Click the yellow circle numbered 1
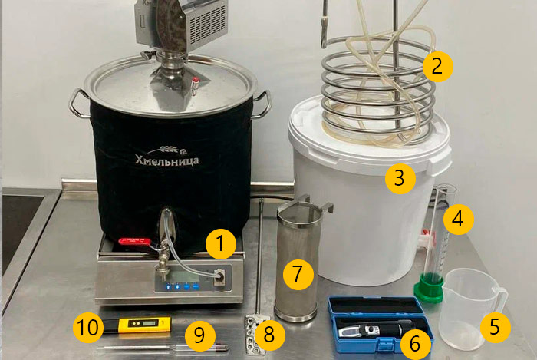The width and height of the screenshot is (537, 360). coord(221,244)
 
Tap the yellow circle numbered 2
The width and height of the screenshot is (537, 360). coord(438,67)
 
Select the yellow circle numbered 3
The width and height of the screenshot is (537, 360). coord(400,178)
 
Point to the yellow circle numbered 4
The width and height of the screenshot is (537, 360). coord(458,220)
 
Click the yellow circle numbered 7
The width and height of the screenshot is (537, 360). coord(298,274)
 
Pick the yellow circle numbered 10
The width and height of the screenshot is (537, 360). coord(88,328)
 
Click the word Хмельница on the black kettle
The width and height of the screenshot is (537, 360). coord(166,160)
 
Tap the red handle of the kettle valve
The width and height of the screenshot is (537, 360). coord(134,242)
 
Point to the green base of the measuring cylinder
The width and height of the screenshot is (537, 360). coord(428,287)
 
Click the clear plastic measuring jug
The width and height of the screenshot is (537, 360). coord(471,305)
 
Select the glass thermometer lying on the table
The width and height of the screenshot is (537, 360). coord(163,348)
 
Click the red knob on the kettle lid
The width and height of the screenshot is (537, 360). coord(196,81)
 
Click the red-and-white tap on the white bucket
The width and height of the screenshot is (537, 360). coord(427,236)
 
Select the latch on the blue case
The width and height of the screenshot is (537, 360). coord(384,346)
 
